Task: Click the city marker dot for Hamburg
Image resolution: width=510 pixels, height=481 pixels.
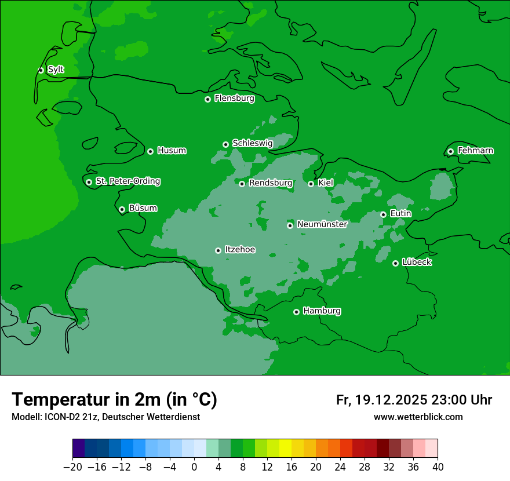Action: [296, 312]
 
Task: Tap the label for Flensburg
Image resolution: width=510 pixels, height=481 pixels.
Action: [234, 99]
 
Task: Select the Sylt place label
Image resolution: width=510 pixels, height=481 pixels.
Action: [56, 70]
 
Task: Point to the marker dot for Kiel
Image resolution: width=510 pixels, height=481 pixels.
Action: [311, 184]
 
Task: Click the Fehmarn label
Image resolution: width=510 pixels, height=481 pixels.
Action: [475, 151]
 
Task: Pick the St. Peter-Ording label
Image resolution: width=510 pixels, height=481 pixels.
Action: [128, 181]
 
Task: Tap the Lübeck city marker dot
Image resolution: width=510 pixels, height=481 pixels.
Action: [395, 263]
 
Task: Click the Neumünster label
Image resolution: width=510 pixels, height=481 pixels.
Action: [322, 224]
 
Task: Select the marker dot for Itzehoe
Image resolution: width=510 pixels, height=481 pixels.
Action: [218, 250]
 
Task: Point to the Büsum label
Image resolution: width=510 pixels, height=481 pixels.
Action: [143, 208]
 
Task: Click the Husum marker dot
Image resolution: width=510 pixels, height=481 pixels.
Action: [150, 151]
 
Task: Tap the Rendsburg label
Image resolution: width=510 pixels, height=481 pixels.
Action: [270, 183]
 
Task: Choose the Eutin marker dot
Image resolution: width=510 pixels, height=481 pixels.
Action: [383, 214]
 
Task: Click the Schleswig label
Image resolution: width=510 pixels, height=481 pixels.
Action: [252, 143]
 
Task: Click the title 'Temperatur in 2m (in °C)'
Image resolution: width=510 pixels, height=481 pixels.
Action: [114, 400]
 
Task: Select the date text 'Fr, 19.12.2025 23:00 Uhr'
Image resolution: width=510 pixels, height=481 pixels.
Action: [414, 400]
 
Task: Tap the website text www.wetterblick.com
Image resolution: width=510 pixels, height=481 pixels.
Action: [418, 417]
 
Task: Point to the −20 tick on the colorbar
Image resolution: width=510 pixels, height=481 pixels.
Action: [73, 467]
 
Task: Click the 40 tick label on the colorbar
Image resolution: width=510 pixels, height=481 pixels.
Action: [438, 467]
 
